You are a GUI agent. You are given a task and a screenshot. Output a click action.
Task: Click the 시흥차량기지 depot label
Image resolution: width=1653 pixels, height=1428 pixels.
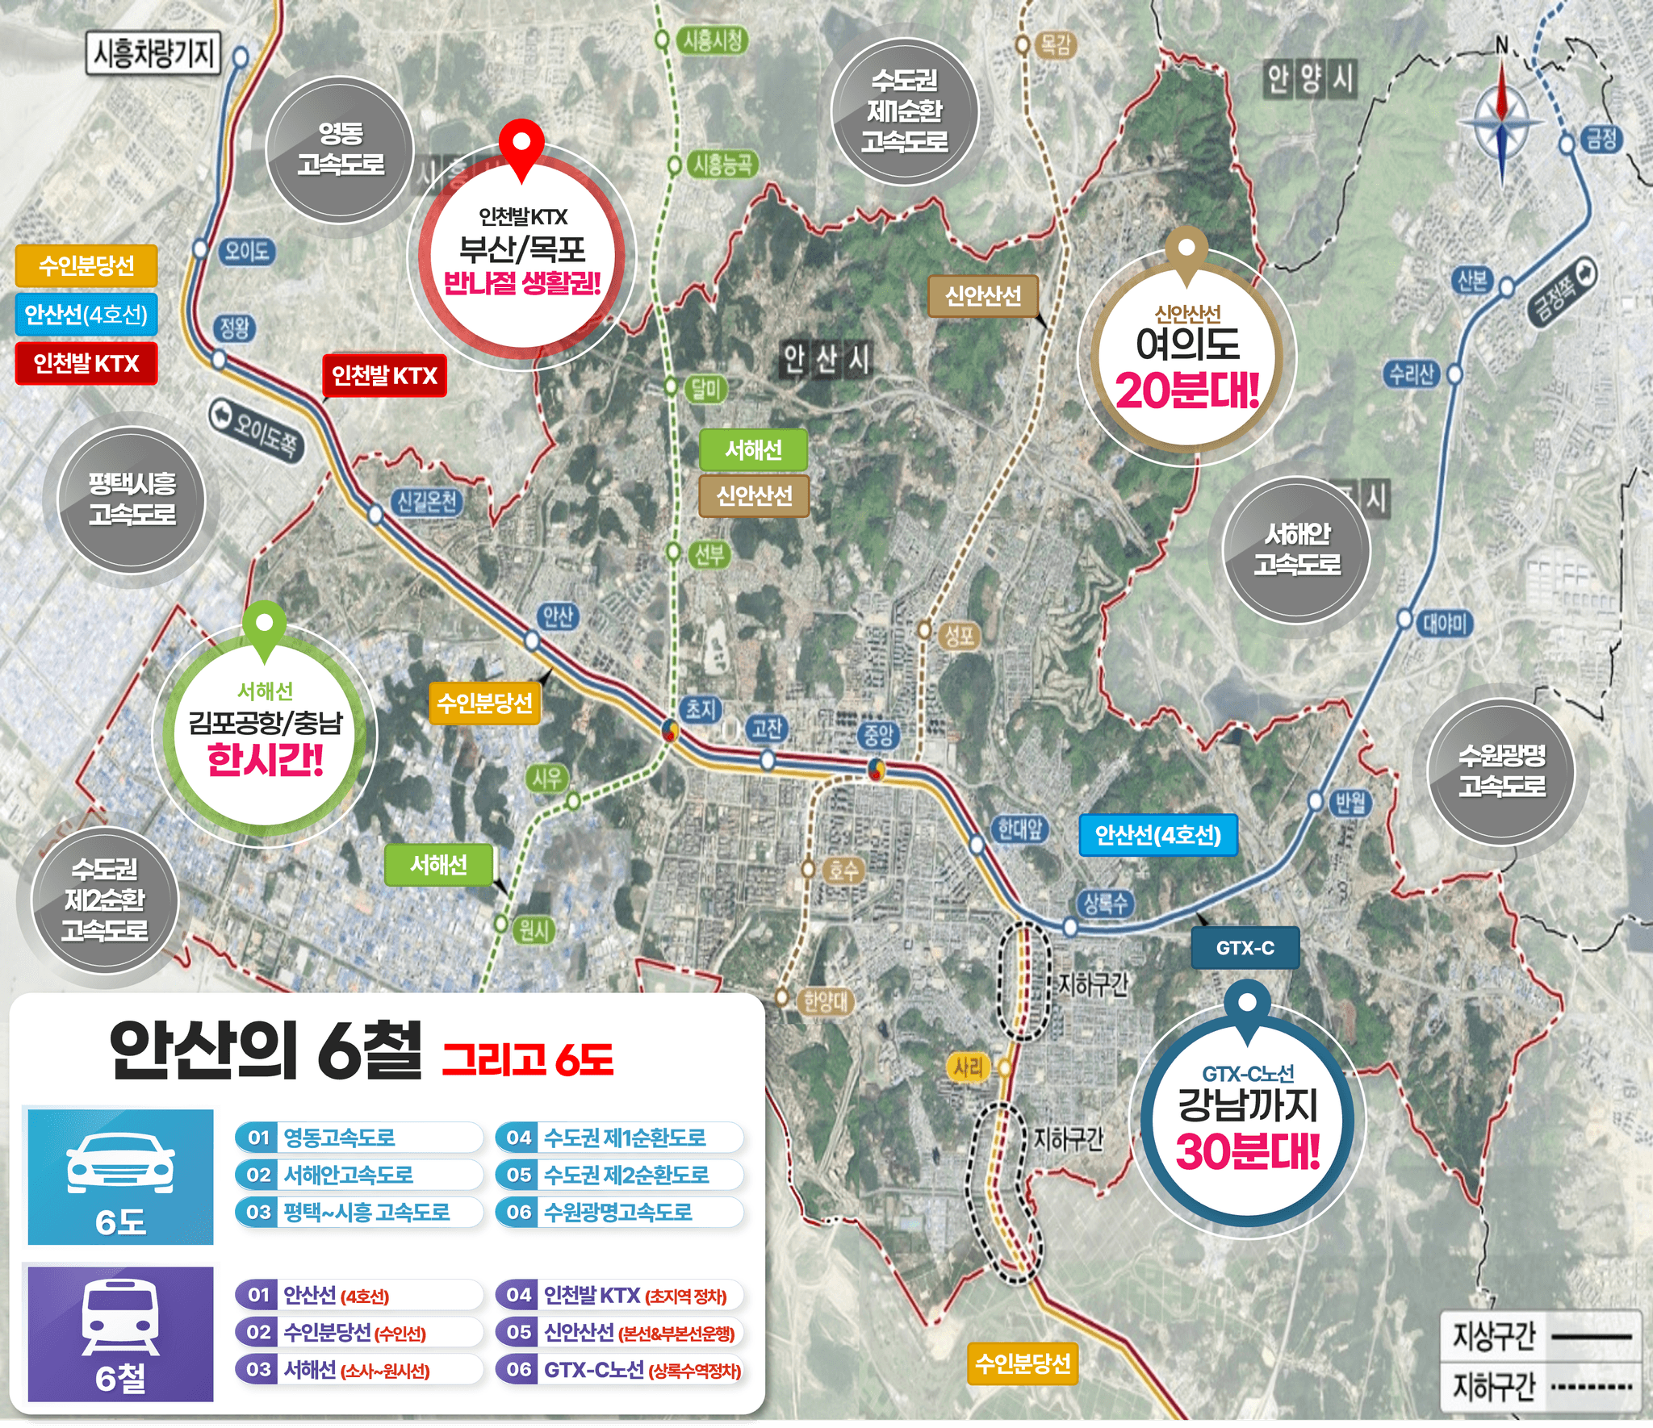(153, 54)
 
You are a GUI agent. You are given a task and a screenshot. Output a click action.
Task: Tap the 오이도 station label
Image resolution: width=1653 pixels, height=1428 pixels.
(246, 252)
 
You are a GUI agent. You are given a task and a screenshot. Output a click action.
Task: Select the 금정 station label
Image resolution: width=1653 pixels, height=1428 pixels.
(1601, 140)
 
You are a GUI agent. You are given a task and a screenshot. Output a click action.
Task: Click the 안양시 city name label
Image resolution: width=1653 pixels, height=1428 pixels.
(1309, 79)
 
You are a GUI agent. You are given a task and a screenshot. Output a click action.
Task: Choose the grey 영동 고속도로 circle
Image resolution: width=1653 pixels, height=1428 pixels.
(341, 148)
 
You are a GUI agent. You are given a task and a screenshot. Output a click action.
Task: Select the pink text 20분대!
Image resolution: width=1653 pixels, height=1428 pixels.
(1186, 391)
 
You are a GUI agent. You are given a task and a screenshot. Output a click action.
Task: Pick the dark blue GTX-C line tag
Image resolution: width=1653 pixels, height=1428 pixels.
(1245, 948)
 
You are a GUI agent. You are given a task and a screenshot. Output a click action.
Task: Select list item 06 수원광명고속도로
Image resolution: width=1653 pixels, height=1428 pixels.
(618, 1212)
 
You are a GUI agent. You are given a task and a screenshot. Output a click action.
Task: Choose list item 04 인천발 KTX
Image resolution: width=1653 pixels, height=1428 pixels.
(618, 1296)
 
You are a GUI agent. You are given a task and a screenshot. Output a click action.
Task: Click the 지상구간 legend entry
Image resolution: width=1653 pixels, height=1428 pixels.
(1540, 1337)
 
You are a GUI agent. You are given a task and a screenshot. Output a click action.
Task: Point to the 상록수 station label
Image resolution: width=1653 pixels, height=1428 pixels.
(1105, 903)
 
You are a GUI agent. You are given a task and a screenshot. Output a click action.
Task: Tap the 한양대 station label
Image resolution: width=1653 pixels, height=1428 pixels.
(825, 1002)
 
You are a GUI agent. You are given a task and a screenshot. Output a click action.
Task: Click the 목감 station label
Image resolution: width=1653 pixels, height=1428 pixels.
(1055, 44)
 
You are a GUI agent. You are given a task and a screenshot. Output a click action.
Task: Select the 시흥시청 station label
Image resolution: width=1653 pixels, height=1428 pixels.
(713, 40)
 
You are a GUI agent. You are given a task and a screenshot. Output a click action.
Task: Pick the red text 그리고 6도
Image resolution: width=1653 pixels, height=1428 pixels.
(528, 1059)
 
